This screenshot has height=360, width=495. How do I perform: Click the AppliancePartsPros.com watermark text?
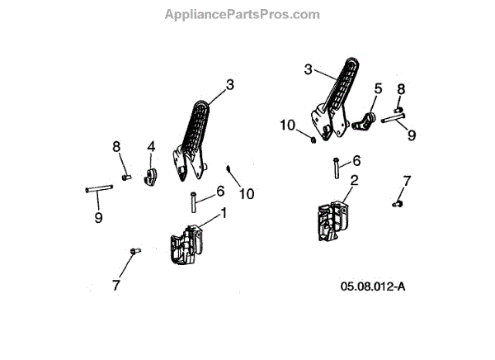(x=242, y=14)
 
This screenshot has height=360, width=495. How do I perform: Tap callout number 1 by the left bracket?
(x=223, y=213)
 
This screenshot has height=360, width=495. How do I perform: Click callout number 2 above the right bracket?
(x=354, y=179)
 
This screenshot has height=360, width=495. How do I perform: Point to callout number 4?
(x=151, y=146)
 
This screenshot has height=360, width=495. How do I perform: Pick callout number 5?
(x=379, y=88)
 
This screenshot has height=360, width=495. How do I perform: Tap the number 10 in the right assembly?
(x=287, y=125)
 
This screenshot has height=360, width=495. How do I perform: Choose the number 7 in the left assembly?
(x=116, y=285)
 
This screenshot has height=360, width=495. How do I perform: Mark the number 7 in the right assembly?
(x=406, y=180)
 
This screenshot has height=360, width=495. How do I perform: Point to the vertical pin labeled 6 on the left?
(x=193, y=201)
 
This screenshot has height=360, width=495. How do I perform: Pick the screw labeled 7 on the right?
(x=398, y=201)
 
